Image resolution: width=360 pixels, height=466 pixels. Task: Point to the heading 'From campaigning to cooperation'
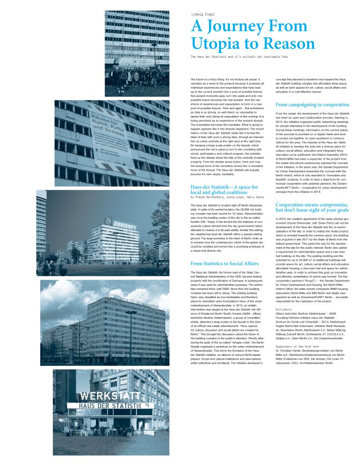pyautogui.click(x=312, y=105)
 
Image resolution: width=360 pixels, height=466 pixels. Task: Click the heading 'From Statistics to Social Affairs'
pyautogui.click(x=218, y=263)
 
